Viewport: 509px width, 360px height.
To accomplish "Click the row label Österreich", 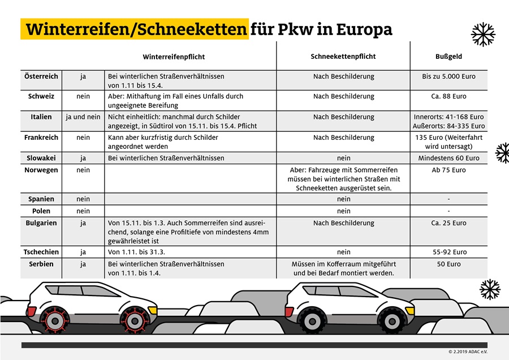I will (x=41, y=76).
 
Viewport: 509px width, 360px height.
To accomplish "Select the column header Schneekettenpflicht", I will (x=343, y=57).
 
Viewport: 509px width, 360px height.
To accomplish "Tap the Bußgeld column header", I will (x=448, y=57).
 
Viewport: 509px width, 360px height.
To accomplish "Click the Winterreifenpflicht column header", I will (x=174, y=57).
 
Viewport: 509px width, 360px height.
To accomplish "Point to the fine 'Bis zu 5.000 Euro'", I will (x=448, y=76).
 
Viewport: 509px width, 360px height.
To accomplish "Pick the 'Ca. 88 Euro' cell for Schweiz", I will (x=448, y=96).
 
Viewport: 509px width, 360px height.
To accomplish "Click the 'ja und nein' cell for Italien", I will (x=83, y=117).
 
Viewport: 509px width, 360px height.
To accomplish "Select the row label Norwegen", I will (x=41, y=170).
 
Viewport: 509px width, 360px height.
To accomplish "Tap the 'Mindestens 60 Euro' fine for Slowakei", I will (x=448, y=158).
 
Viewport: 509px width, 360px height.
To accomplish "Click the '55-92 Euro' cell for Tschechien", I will (x=448, y=252).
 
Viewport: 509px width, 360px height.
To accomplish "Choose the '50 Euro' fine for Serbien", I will (x=448, y=264).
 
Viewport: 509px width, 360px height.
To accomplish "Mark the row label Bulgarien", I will (x=41, y=222).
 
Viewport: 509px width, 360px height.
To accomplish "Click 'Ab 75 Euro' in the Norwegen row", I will (x=448, y=170).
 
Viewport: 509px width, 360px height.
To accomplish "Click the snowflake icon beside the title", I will (x=483, y=35).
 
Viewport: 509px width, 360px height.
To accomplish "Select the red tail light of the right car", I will (x=289, y=312).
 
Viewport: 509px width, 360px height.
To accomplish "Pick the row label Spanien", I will (x=41, y=199).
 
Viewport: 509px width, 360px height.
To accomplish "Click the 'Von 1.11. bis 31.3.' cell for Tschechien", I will (x=136, y=252).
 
